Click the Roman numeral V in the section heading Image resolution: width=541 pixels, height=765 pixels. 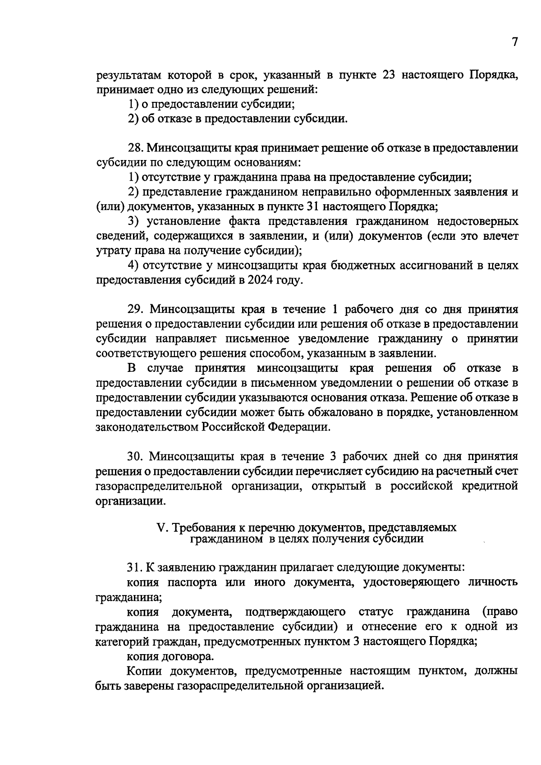click(160, 527)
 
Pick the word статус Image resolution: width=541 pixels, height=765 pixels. click(376, 612)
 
